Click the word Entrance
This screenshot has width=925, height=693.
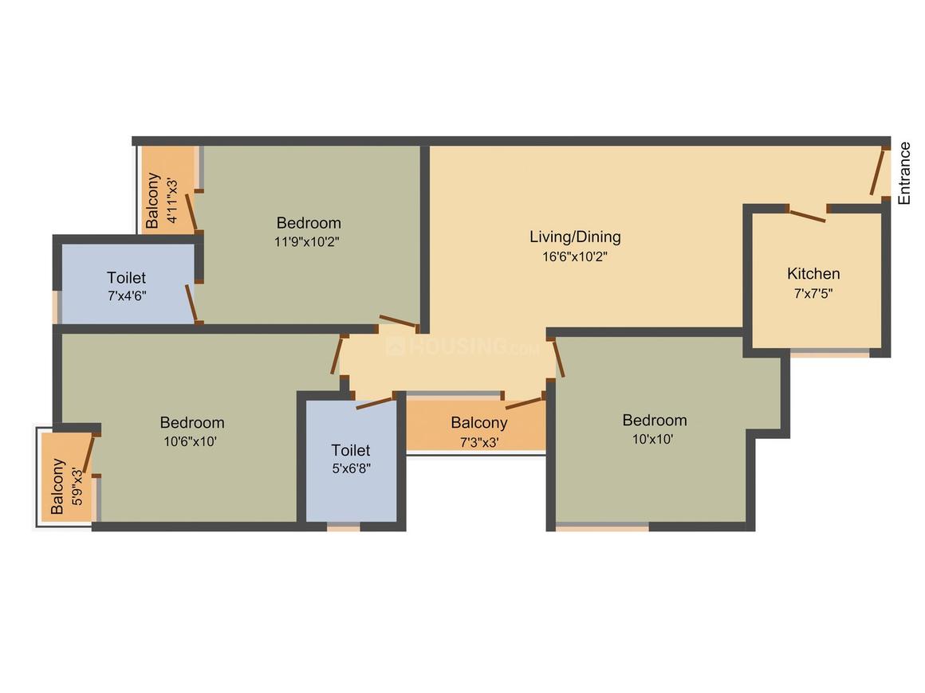click(904, 174)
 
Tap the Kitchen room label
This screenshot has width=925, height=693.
click(813, 273)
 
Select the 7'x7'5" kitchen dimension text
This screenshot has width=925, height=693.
click(813, 292)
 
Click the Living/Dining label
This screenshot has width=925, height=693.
click(575, 237)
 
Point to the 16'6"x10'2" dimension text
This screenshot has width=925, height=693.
click(575, 256)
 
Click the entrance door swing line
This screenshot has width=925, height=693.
click(878, 172)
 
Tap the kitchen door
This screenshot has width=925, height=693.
click(807, 214)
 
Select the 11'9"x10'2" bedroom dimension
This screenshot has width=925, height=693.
click(309, 242)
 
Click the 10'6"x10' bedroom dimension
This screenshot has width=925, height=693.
click(191, 441)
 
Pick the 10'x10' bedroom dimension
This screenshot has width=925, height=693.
click(654, 439)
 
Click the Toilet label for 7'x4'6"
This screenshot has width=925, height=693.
click(127, 277)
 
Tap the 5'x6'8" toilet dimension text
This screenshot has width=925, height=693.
click(351, 469)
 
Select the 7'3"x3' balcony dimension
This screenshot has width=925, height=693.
click(478, 442)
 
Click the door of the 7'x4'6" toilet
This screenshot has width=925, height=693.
click(191, 303)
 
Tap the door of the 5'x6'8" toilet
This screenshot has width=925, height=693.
click(375, 401)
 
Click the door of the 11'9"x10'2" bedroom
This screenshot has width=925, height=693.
click(398, 322)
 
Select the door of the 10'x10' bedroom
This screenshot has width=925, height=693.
click(558, 358)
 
